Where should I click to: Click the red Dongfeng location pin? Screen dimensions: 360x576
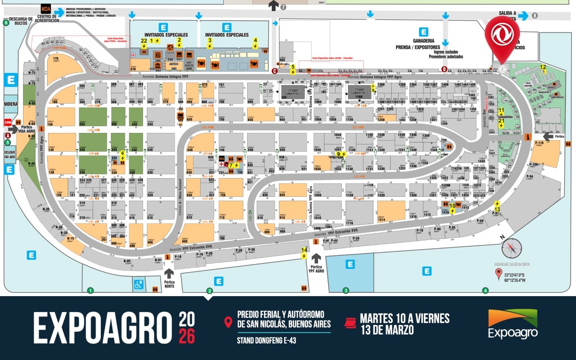pyautogui.click(x=502, y=34)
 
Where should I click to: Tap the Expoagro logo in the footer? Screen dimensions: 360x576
pyautogui.click(x=513, y=324)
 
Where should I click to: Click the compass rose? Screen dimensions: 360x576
pyautogui.click(x=511, y=248)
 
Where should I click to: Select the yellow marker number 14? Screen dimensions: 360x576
pyautogui.click(x=304, y=250)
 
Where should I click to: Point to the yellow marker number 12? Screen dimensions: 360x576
pyautogui.click(x=543, y=67)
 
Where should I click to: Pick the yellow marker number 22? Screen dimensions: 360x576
pyautogui.click(x=144, y=41)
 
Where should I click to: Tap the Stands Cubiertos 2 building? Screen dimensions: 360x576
pyautogui.click(x=358, y=92)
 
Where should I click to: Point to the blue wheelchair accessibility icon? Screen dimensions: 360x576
pyautogui.click(x=139, y=284)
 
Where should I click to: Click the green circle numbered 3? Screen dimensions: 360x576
pyautogui.click(x=346, y=290)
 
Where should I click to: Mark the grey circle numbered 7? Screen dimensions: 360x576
pyautogui.click(x=283, y=7)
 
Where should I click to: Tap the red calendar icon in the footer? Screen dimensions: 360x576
pyautogui.click(x=350, y=323)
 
